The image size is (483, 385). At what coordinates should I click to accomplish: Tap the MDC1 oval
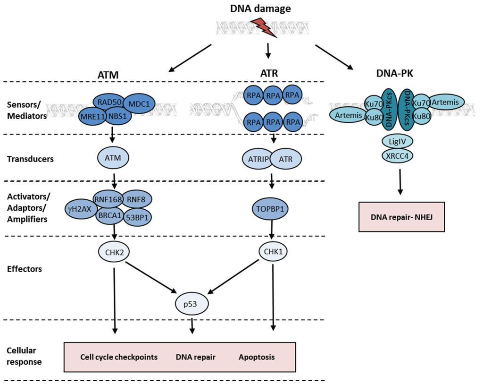pos(139,104)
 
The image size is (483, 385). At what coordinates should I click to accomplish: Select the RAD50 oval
pos(109,102)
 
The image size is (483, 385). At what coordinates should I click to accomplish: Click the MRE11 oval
pos(93,117)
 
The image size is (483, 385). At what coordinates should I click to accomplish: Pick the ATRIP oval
pos(258,159)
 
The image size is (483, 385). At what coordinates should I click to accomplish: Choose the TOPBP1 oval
pos(270,209)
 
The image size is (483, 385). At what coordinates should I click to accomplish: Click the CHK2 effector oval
pos(114,252)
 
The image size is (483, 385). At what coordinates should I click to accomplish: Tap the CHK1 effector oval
pos(273,251)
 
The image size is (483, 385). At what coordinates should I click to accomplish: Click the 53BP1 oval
pos(137,217)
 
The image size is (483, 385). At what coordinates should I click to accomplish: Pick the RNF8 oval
pos(136,199)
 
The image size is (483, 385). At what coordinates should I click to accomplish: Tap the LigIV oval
pos(397,142)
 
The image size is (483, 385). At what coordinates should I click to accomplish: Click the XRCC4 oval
pos(397,156)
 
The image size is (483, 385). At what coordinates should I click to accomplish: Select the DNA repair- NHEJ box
pos(402,217)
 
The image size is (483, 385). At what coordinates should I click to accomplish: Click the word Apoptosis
pos(257,357)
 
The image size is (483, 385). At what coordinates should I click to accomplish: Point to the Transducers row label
pos(30,159)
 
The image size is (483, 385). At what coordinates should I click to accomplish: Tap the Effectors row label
pos(25,269)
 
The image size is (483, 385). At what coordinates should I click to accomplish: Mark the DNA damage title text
pos(260,9)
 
